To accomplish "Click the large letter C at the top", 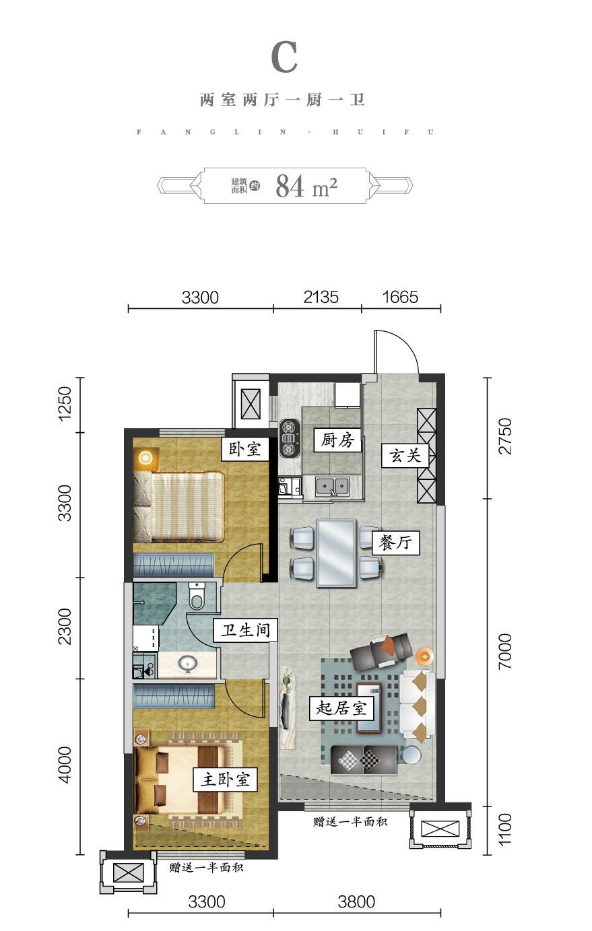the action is [284, 57].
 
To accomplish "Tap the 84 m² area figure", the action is [306, 186].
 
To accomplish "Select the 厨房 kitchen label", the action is [337, 440].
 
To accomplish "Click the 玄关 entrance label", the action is [405, 456].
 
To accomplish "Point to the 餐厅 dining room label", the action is [395, 542].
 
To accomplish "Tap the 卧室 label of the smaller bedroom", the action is [245, 448].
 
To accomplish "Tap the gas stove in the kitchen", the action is [290, 438].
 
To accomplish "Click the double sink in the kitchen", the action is [332, 486].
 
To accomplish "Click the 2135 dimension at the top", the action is [321, 297].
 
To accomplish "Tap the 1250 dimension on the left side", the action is [65, 404].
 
